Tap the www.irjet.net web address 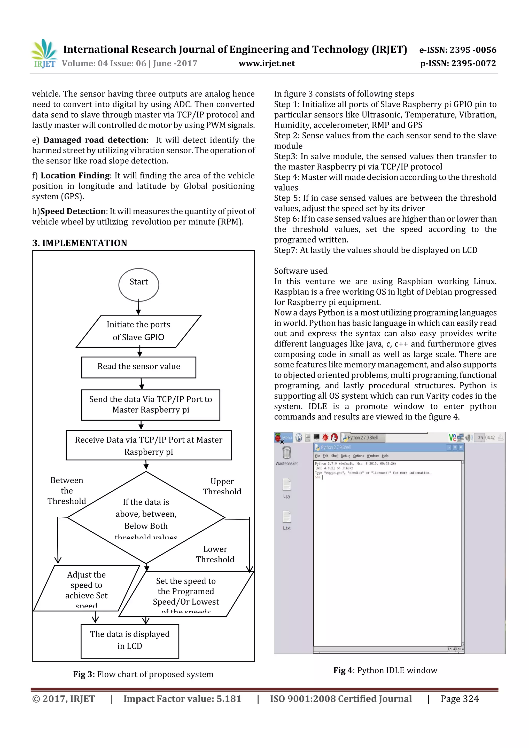click(x=266, y=64)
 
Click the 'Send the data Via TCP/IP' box click(x=151, y=405)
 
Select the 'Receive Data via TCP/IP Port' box click(x=149, y=445)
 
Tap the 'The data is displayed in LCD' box click(x=130, y=641)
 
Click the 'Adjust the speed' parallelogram click(x=86, y=588)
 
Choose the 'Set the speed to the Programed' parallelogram click(x=186, y=594)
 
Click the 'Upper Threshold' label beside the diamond click(x=222, y=486)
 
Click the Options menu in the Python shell click(x=358, y=456)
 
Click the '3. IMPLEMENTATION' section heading click(x=80, y=243)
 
